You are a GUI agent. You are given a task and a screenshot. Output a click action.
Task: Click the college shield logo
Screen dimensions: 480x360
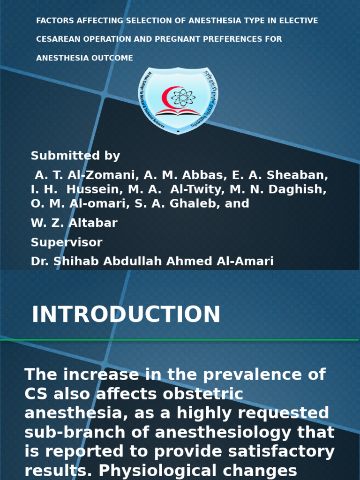tap(178, 100)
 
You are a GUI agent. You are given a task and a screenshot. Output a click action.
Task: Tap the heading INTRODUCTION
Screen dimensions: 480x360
tap(126, 315)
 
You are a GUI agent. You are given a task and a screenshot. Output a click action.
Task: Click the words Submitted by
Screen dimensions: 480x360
tap(75, 156)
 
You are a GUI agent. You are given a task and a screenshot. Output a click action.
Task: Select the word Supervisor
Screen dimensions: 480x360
tap(67, 242)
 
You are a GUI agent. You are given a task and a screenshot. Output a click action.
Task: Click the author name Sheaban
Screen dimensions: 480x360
tap(298, 175)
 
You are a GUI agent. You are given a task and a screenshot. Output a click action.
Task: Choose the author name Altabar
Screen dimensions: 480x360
tap(93, 223)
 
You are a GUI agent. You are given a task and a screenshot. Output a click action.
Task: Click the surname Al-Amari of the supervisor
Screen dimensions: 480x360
tap(246, 262)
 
